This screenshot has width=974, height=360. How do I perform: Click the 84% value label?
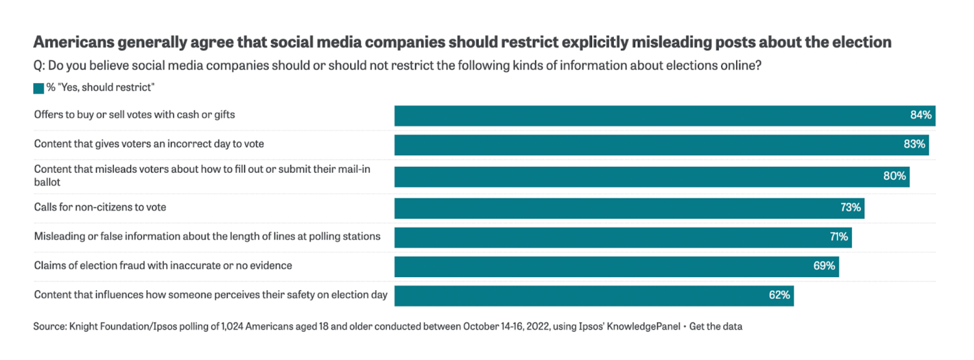[x=921, y=115]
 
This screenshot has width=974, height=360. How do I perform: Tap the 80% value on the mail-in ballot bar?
[x=894, y=176]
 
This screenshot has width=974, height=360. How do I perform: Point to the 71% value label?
[x=838, y=237]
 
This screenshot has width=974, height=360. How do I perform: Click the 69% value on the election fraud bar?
[x=824, y=266]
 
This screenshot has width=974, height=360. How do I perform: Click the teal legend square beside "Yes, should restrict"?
[x=38, y=88]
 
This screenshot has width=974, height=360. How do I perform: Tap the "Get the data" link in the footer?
[x=715, y=326]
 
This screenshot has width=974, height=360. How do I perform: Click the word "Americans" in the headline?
[x=73, y=42]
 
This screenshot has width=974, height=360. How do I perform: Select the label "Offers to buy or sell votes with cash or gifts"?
[x=134, y=115]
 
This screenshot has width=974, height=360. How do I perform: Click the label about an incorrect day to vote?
[x=149, y=144]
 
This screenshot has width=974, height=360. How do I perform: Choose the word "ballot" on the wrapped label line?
[x=47, y=182]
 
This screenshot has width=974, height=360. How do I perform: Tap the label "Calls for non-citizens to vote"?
[x=100, y=207]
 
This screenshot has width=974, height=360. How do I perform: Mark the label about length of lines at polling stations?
[x=207, y=236]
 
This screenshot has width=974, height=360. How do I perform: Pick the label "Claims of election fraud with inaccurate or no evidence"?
[x=163, y=265]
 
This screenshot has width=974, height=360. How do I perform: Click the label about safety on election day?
[x=210, y=295]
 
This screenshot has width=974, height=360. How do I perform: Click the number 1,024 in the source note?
[x=232, y=326]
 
